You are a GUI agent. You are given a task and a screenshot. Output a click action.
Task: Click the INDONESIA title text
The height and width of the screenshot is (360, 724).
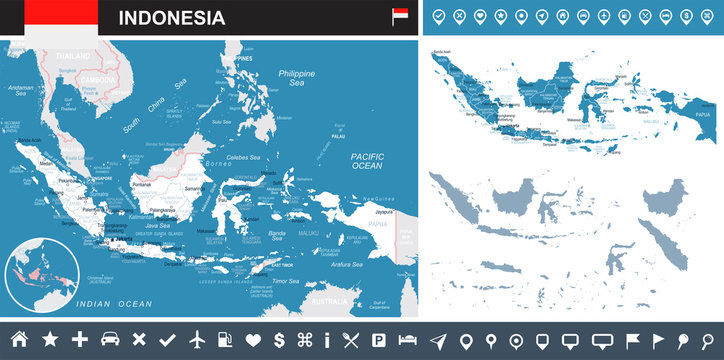(172, 18)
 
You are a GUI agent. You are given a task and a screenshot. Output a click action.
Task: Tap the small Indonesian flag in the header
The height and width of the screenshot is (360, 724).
(399, 17)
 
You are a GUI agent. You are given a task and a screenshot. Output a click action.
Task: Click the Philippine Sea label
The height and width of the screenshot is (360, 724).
(297, 77)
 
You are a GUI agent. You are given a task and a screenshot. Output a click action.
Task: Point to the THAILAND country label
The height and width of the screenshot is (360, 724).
(72, 56)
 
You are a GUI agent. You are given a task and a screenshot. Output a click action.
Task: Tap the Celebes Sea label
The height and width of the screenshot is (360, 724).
(244, 157)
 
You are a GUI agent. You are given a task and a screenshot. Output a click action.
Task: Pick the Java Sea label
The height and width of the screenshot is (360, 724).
(159, 226)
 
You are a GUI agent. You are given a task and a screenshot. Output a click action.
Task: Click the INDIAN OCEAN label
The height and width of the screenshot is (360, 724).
(115, 303)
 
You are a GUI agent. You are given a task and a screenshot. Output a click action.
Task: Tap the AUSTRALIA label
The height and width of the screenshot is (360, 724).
(327, 300)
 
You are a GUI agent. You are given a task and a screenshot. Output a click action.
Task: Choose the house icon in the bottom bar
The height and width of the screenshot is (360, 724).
(18, 340)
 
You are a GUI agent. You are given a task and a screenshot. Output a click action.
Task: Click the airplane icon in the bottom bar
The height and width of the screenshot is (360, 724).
(196, 340)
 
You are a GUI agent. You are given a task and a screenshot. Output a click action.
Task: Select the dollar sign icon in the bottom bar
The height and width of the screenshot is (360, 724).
(279, 340)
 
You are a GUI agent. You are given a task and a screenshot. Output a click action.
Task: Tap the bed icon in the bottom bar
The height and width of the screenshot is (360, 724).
(409, 340)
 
